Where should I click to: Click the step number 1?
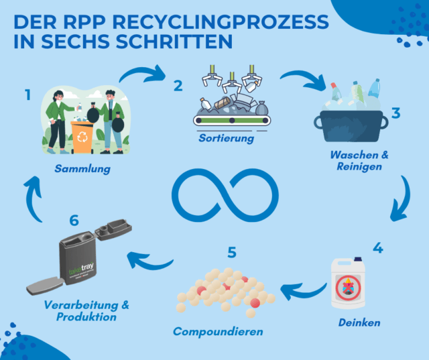[27, 95]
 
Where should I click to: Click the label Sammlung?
[82, 169]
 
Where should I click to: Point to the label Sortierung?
[226, 139]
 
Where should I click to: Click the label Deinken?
[359, 322]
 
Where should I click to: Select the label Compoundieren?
[218, 331]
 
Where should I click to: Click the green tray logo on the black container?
[80, 268]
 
